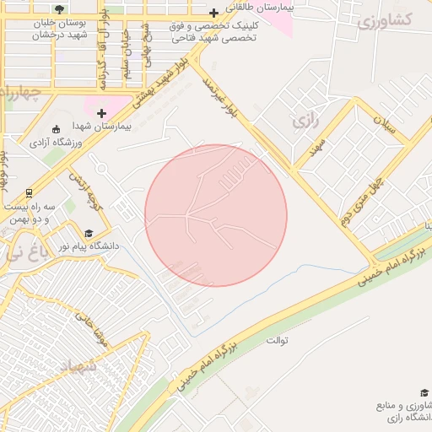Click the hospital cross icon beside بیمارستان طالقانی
pos(214,13)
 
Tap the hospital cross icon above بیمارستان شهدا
pos(103,112)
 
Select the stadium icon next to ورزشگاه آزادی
pos(56,128)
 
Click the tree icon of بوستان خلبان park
pos(57,9)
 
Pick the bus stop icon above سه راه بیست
pos(30,192)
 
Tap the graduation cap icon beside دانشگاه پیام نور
pos(89,233)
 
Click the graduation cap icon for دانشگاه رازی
pos(424,392)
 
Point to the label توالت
pos(278,341)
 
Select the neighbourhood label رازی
pos(306,121)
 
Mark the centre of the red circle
pos(216,215)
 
